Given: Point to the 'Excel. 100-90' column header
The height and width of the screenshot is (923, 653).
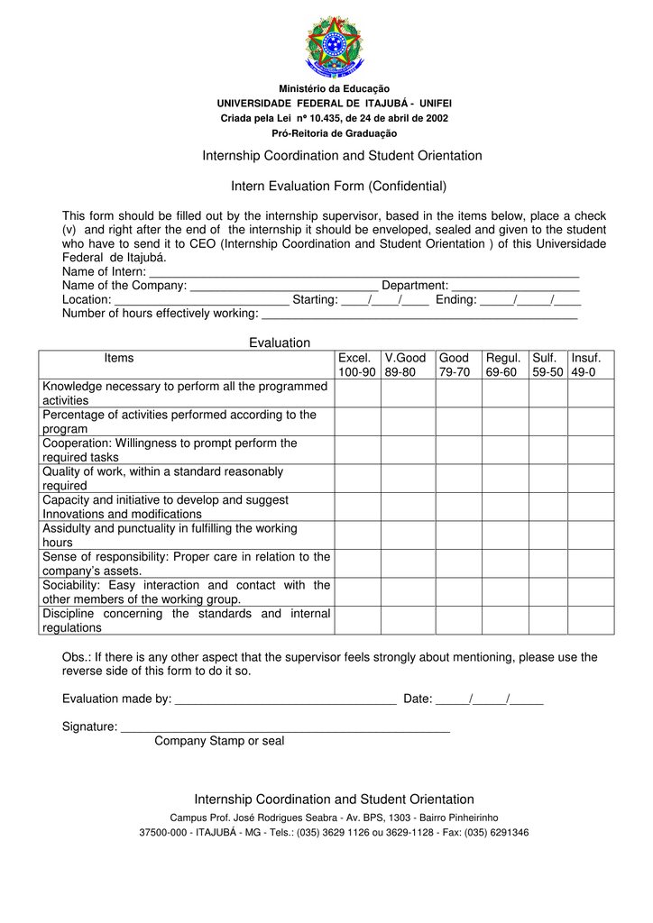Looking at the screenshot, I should (357, 365).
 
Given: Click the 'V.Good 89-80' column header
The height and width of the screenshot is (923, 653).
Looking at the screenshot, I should (405, 365).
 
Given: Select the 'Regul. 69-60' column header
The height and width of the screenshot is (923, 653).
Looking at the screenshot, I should (503, 365).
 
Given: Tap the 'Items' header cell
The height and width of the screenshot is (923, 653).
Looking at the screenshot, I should (119, 359).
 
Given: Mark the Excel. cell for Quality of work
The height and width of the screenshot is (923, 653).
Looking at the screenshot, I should (357, 479).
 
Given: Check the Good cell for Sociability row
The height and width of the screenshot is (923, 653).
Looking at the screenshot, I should (458, 592).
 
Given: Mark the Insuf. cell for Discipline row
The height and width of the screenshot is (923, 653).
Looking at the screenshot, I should (591, 620).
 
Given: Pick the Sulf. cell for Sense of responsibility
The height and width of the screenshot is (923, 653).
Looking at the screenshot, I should (547, 563).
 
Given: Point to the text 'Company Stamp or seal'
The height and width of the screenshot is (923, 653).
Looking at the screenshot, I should (219, 741).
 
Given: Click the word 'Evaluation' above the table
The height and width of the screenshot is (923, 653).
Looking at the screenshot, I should (280, 343).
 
